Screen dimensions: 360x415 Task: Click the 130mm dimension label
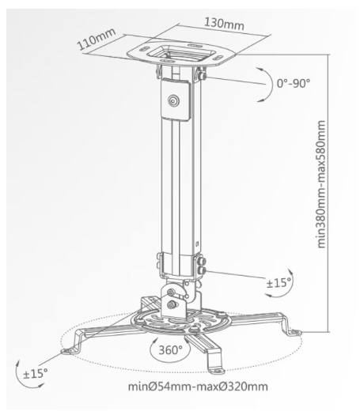pyautogui.click(x=224, y=24)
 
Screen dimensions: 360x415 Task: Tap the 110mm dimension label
pyautogui.click(x=97, y=39)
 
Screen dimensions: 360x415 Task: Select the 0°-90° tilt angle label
pyautogui.click(x=294, y=84)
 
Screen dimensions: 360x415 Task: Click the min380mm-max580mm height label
pyautogui.click(x=321, y=184)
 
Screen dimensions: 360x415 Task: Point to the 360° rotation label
pyautogui.click(x=171, y=350)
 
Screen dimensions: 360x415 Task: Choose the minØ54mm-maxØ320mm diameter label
pyautogui.click(x=198, y=387)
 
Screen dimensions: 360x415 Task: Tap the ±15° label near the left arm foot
pyautogui.click(x=36, y=374)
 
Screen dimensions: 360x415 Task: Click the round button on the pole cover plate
pyautogui.click(x=173, y=100)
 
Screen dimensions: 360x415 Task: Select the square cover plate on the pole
pyautogui.click(x=175, y=100)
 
